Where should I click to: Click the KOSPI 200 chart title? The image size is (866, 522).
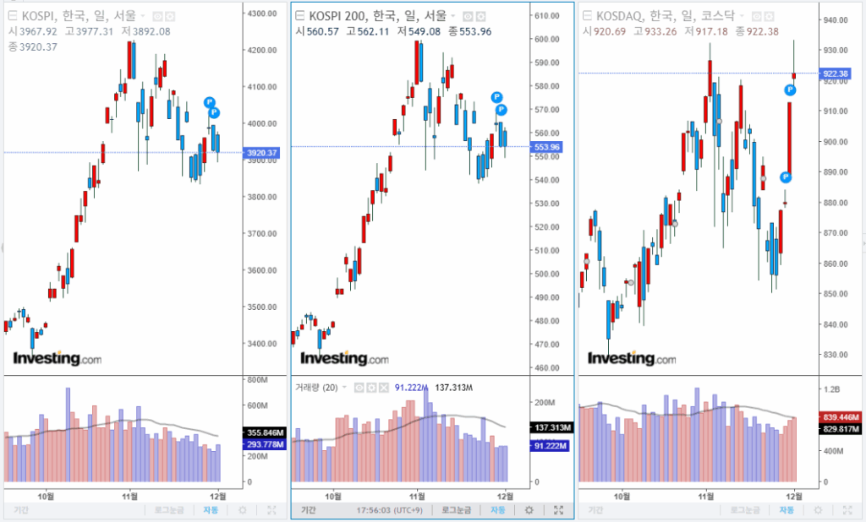coord(377,15)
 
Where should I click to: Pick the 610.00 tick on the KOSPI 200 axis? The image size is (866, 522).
coord(549,16)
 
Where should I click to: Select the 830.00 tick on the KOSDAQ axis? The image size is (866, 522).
coord(836,356)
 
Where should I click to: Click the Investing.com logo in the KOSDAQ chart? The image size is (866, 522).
coord(631,359)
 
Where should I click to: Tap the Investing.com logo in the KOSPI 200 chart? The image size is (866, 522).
coord(348,359)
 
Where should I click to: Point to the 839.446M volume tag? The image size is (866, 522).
coord(842,417)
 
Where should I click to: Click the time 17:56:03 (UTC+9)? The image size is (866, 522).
coord(390,510)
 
